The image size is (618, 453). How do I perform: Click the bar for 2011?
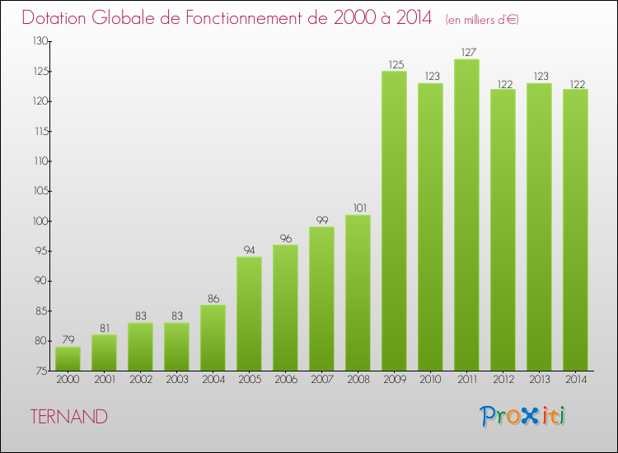(466, 214)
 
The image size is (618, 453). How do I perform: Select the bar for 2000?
(68, 358)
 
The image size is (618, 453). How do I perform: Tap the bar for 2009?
(394, 221)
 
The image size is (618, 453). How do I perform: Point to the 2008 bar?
(358, 292)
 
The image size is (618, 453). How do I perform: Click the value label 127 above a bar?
(466, 51)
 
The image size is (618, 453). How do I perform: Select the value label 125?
(394, 63)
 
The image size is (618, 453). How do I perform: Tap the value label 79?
(68, 339)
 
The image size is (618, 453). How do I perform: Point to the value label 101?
(358, 208)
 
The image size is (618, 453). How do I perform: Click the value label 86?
(213, 297)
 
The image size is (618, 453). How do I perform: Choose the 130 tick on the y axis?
(39, 41)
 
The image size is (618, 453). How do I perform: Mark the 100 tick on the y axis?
(39, 221)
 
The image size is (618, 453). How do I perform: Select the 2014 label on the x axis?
(575, 380)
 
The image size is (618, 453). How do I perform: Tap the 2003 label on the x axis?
(176, 380)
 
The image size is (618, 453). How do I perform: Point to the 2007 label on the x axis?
(321, 380)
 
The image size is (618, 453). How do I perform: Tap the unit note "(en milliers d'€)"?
(482, 19)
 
